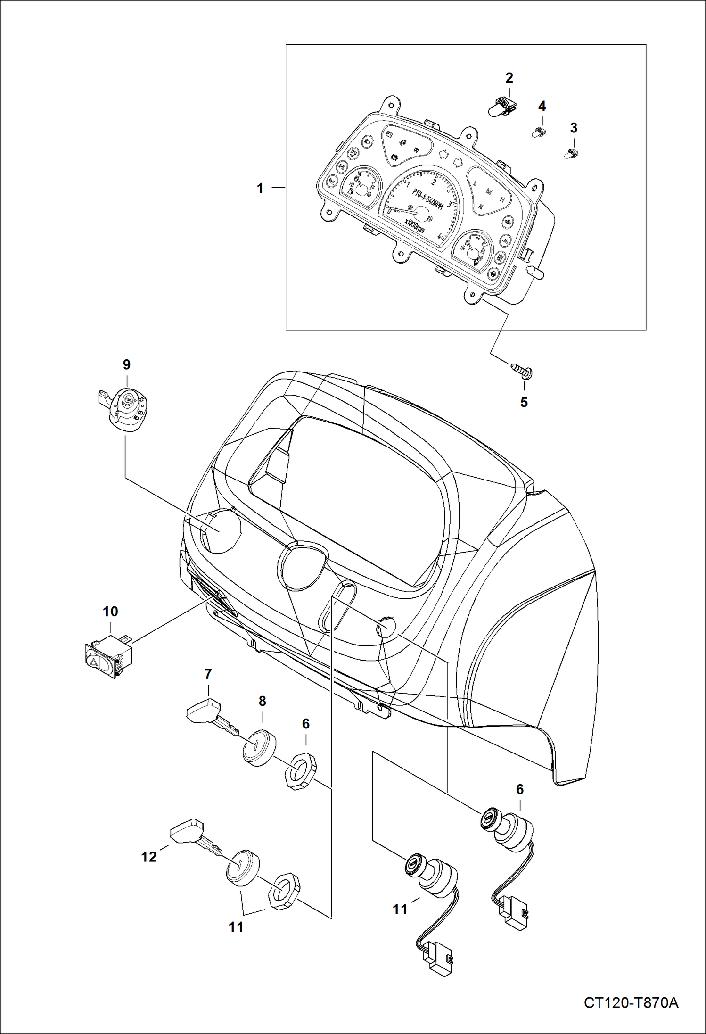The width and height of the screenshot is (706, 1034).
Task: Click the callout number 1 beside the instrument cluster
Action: pyautogui.click(x=260, y=188)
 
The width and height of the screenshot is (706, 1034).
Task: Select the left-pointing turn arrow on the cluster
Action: pyautogui.click(x=443, y=154)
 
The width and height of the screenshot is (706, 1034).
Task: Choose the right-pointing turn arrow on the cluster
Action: pyautogui.click(x=457, y=162)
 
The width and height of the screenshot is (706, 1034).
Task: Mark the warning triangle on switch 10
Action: pyautogui.click(x=93, y=662)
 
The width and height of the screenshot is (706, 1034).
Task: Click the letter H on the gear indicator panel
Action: pyautogui.click(x=502, y=199)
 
